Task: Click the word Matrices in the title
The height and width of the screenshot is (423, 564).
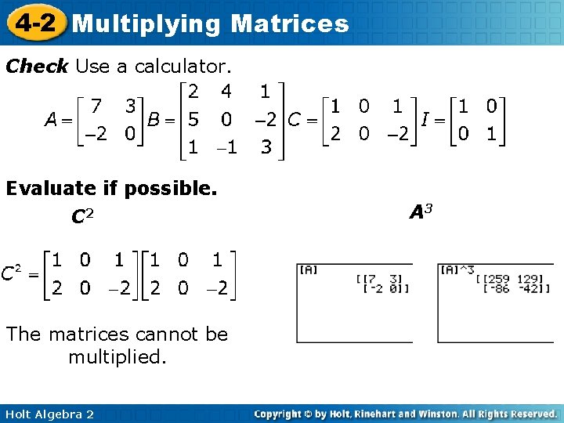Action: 290,23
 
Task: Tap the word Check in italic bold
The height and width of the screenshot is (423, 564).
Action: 37,67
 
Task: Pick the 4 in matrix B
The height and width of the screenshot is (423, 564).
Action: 226,92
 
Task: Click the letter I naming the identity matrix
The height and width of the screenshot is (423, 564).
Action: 424,120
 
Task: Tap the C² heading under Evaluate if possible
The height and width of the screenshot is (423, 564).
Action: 82,215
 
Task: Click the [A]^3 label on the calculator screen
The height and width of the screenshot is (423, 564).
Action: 457,270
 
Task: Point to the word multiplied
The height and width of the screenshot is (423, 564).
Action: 117,358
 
